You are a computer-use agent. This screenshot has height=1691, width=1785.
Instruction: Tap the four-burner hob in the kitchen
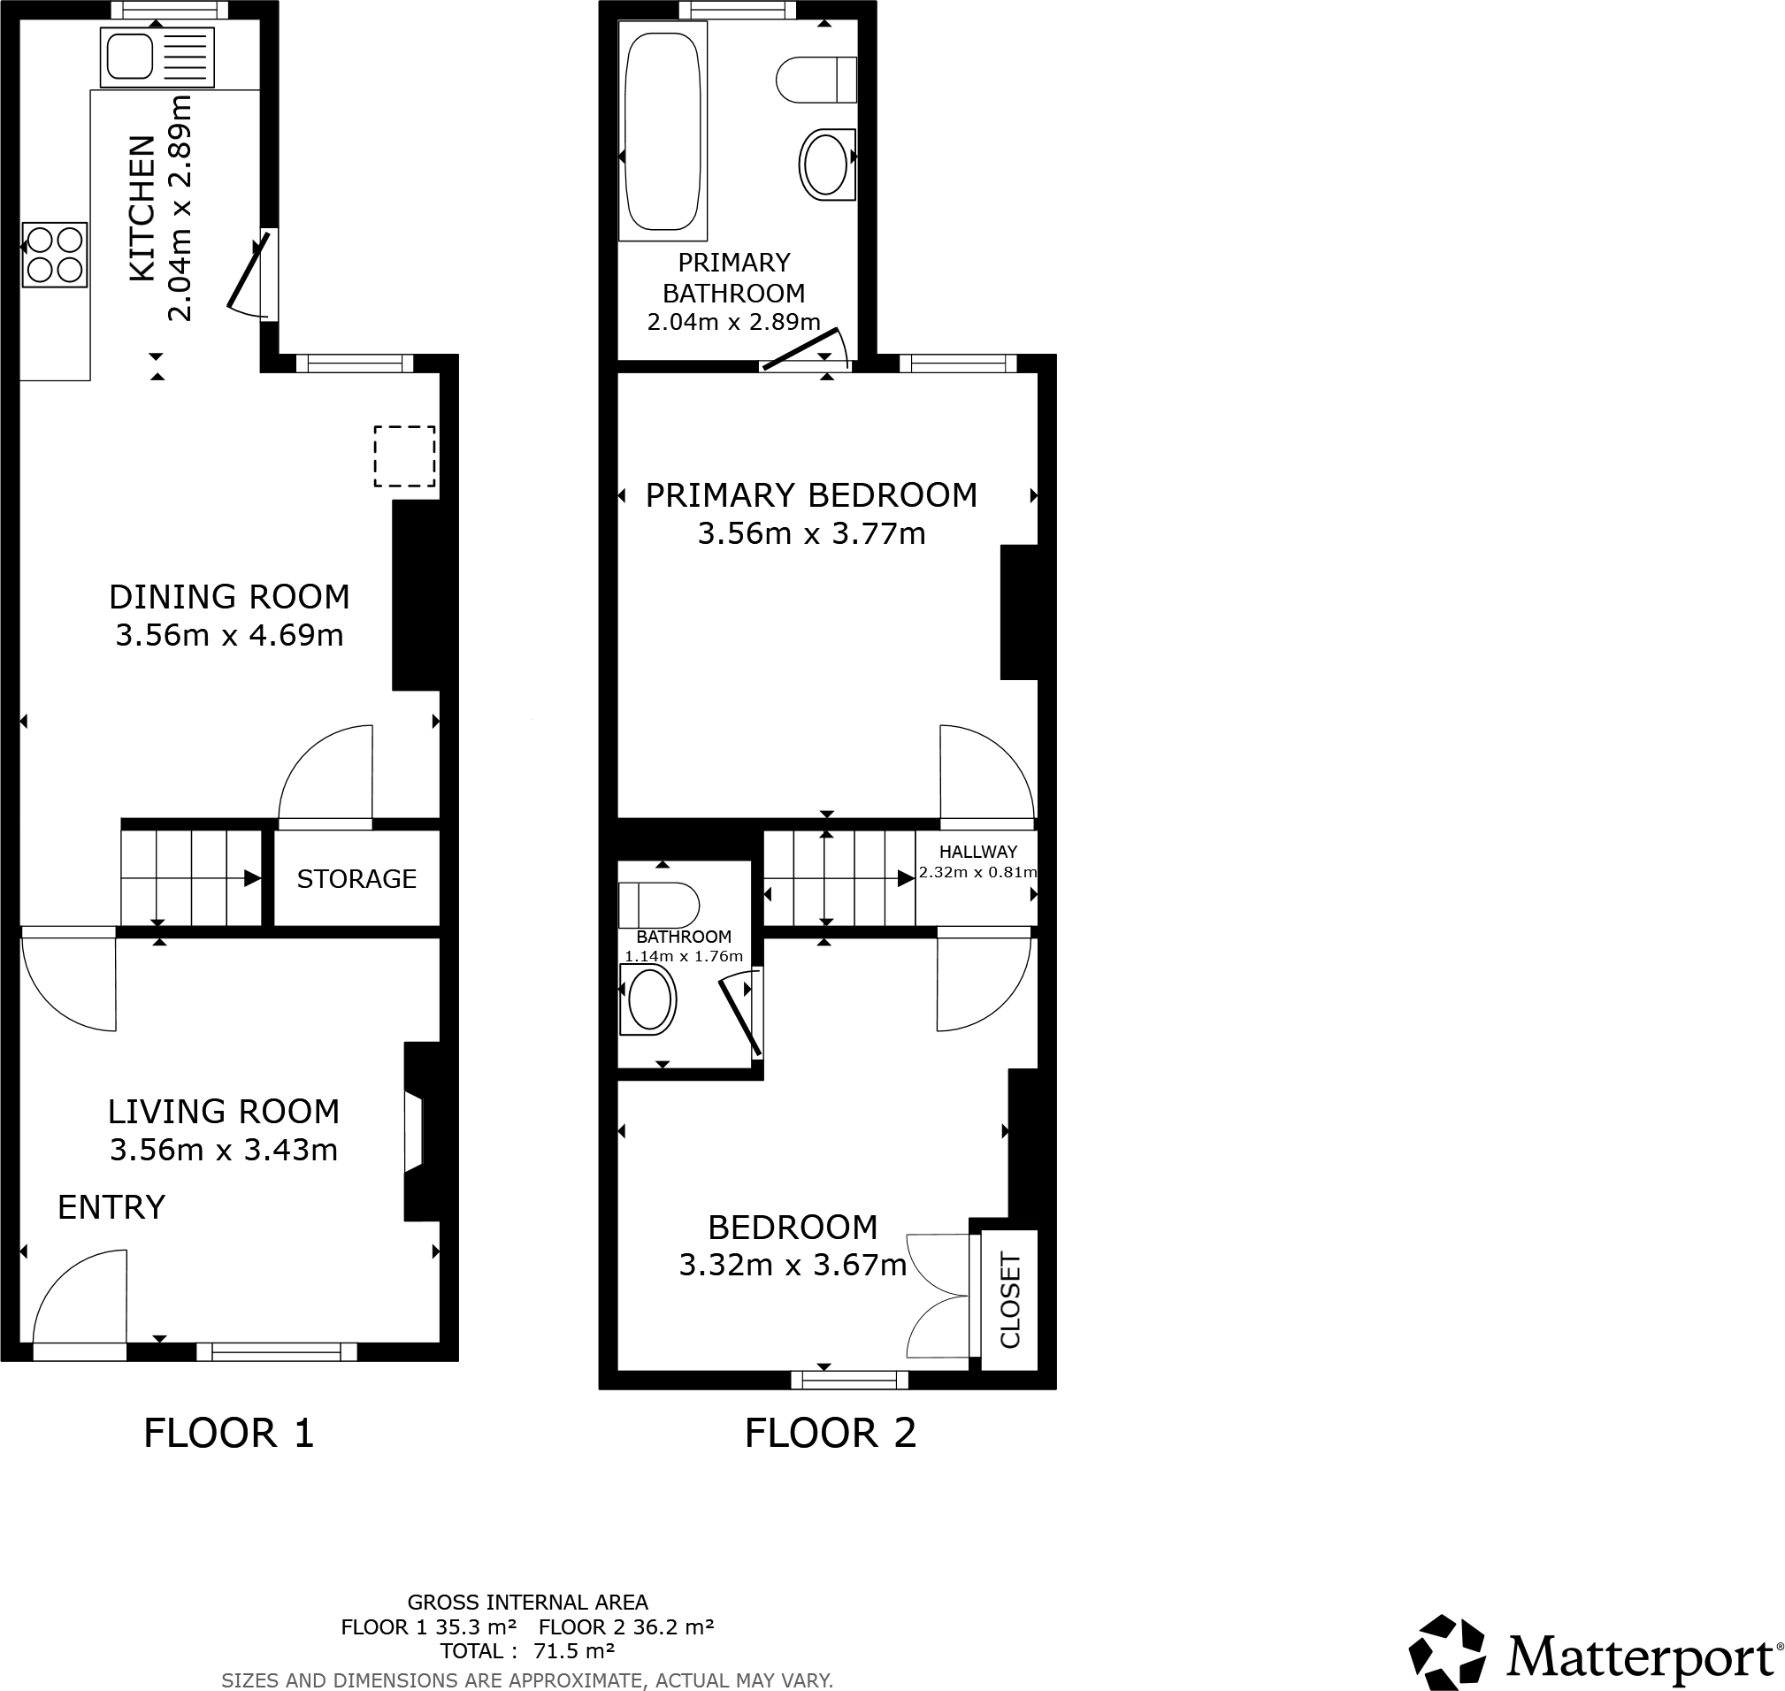[x=55, y=255]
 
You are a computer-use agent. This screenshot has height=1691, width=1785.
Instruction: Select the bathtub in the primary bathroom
[x=663, y=131]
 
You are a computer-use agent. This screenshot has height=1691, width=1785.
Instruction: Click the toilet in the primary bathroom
[x=816, y=80]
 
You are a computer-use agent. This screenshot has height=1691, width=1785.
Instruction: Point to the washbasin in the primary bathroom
[x=826, y=164]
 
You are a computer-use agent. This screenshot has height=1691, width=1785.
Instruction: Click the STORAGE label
[x=356, y=879]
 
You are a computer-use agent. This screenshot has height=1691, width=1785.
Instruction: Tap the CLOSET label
[x=1009, y=1300]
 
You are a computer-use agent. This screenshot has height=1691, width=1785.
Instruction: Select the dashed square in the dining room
[x=405, y=456]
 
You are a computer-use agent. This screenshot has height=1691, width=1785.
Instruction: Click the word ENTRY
[x=111, y=1207]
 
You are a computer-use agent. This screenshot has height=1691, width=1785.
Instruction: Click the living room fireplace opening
[x=415, y=1133]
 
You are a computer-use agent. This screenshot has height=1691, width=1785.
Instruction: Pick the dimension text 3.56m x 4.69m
[x=229, y=636]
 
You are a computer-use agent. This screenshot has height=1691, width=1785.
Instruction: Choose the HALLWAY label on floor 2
[x=978, y=852]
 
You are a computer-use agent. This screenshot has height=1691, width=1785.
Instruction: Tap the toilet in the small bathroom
[x=658, y=904]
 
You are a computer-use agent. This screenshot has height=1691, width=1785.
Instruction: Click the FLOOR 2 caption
[x=831, y=1434]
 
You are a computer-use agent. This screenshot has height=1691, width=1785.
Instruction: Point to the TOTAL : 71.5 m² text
[x=527, y=1651]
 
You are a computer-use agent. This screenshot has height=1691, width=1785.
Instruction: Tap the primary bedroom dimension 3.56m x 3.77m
[x=811, y=533]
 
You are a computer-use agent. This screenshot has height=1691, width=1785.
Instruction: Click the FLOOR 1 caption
[x=229, y=1434]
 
